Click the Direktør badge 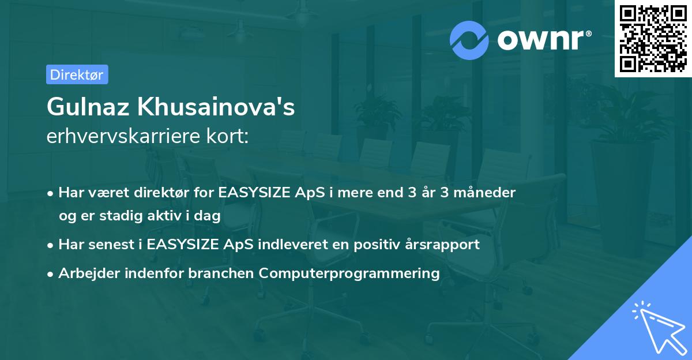(x=77, y=74)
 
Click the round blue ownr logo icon (x=469, y=40)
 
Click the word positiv (x=378, y=244)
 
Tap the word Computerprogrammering (x=349, y=273)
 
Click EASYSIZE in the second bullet (x=182, y=244)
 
